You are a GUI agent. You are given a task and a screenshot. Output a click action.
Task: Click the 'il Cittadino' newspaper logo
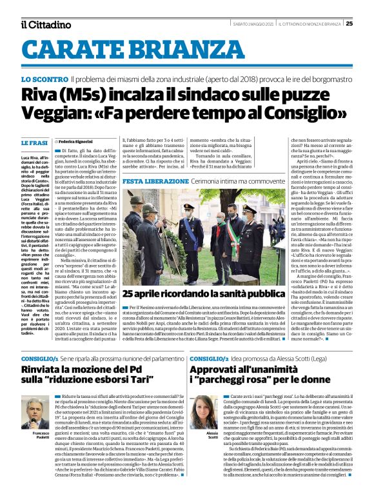[44, 24]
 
